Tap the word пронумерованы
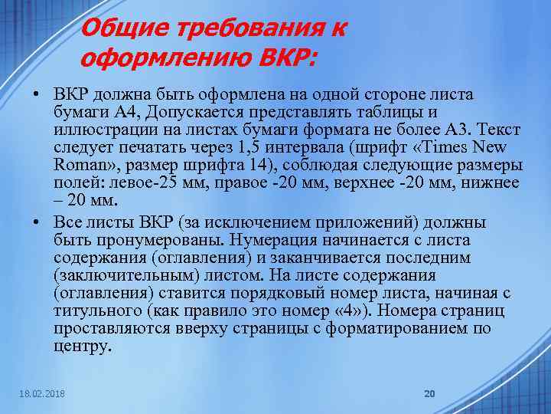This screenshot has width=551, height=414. coord(141,240)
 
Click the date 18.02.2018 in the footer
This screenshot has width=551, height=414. coord(44,393)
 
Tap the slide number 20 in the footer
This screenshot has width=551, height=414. coord(429,393)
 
